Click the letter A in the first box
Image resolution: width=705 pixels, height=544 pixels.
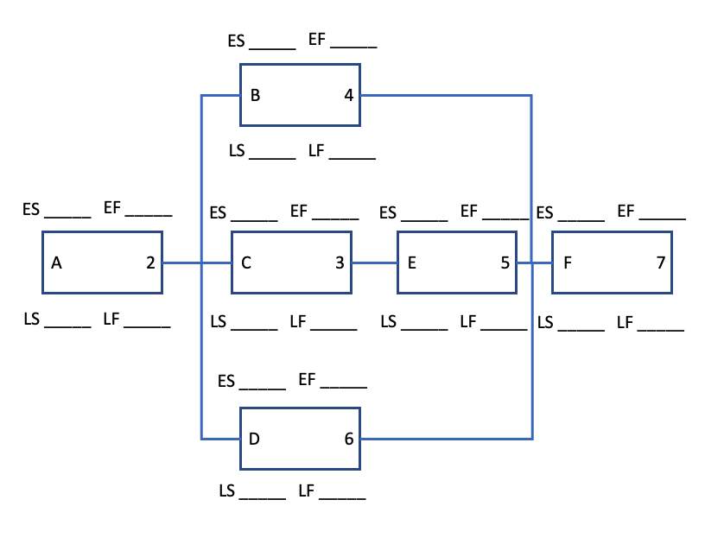(x=56, y=263)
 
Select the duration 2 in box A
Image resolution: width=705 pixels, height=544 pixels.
(x=150, y=263)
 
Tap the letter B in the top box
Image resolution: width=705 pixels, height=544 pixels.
(x=255, y=95)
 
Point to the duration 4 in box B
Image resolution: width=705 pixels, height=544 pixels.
(x=348, y=95)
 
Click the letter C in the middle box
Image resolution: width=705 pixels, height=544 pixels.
(x=246, y=263)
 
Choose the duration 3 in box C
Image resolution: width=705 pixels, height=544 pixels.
(x=340, y=263)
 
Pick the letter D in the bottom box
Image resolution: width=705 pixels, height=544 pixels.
(x=254, y=439)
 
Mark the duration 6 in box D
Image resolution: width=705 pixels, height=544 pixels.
(x=348, y=439)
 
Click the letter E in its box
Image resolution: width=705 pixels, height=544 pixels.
(x=411, y=263)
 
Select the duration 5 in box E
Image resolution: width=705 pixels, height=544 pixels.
(x=505, y=263)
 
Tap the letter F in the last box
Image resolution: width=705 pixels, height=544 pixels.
(x=567, y=263)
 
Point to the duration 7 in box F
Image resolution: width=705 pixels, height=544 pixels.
(x=661, y=263)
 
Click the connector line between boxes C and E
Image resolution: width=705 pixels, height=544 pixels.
(x=374, y=263)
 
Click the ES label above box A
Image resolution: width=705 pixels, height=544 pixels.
(x=31, y=209)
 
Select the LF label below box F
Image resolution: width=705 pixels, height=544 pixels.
(x=625, y=323)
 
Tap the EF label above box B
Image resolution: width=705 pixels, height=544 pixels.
(x=317, y=40)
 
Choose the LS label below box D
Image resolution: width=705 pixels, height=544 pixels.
(x=227, y=491)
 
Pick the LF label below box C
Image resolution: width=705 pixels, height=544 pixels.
(x=298, y=322)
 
